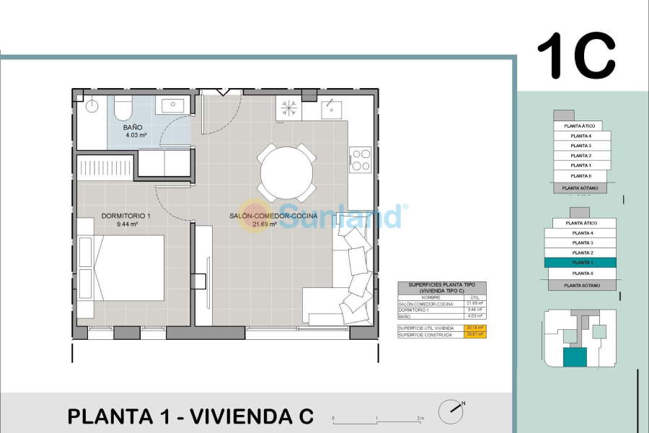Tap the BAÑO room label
pyautogui.click(x=132, y=127)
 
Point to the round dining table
pyautogui.click(x=286, y=173)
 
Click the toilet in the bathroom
pyautogui.click(x=123, y=110)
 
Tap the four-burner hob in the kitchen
pyautogui.click(x=360, y=160)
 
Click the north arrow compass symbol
pyautogui.click(x=452, y=409)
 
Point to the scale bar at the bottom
pyautogui.click(x=376, y=419)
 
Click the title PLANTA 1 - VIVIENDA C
pyautogui.click(x=190, y=416)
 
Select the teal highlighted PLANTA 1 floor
pyautogui.click(x=581, y=263)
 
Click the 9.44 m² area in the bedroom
pyautogui.click(x=127, y=224)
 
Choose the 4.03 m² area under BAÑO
pyautogui.click(x=136, y=135)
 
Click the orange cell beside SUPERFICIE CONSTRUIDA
pyautogui.click(x=475, y=335)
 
